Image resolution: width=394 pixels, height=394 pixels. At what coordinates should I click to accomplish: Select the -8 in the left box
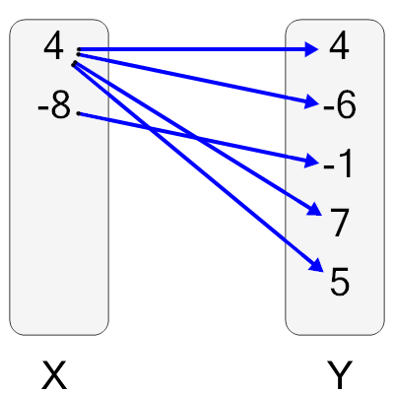click(x=54, y=105)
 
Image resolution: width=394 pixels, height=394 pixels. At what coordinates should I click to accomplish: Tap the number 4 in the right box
click(x=339, y=47)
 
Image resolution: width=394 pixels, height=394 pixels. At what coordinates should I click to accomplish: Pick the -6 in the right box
click(x=338, y=105)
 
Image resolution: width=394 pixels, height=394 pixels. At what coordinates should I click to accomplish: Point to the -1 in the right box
click(x=338, y=164)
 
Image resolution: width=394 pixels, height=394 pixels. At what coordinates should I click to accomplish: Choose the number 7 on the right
click(x=340, y=224)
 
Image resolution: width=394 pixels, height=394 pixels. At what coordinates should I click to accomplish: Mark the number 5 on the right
click(x=339, y=283)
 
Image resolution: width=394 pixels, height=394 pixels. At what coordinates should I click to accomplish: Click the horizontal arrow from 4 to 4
click(x=197, y=48)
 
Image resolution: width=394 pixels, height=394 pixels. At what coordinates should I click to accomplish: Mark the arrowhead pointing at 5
click(x=316, y=267)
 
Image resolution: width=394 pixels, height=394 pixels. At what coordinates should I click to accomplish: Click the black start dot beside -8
click(x=78, y=112)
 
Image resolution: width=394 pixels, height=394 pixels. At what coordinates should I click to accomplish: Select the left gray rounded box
click(x=59, y=246)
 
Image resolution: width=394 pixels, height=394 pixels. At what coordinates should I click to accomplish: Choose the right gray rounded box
click(x=335, y=315)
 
